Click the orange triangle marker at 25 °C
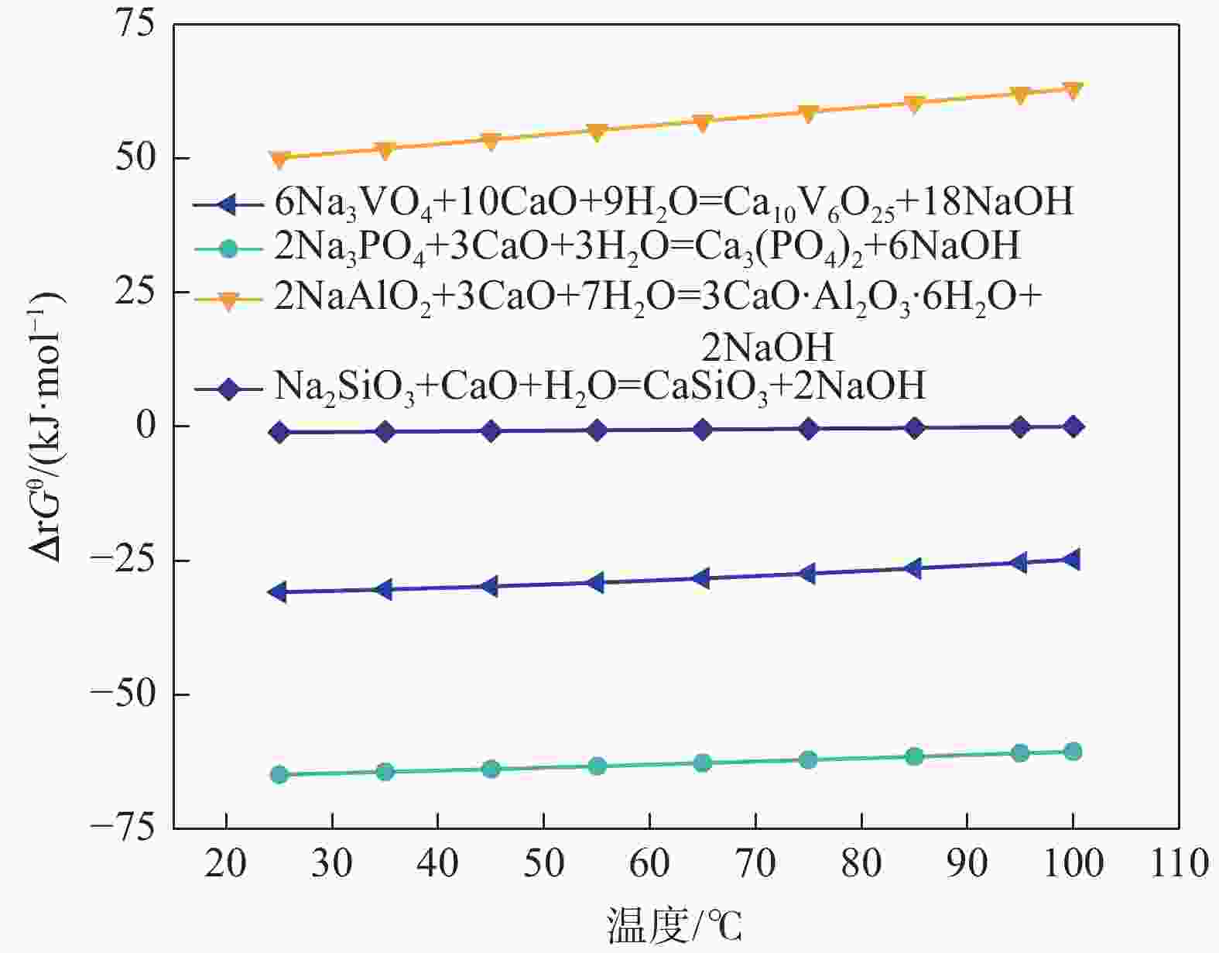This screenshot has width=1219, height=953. pyautogui.click(x=279, y=159)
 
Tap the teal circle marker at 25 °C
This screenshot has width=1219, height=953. pyautogui.click(x=279, y=774)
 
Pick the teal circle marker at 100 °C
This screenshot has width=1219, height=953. pyautogui.click(x=1073, y=751)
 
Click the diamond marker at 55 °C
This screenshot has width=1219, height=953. pyautogui.click(x=597, y=430)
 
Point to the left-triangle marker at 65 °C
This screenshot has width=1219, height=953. pyautogui.click(x=701, y=578)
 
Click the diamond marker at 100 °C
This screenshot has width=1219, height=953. pyautogui.click(x=1073, y=427)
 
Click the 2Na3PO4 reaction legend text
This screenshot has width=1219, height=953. pyautogui.click(x=647, y=246)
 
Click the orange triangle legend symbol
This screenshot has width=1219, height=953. pyautogui.click(x=228, y=300)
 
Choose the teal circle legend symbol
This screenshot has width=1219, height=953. pyautogui.click(x=228, y=249)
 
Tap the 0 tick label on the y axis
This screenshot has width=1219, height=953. pyautogui.click(x=146, y=426)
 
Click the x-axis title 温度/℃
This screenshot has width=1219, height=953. pyautogui.click(x=673, y=925)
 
